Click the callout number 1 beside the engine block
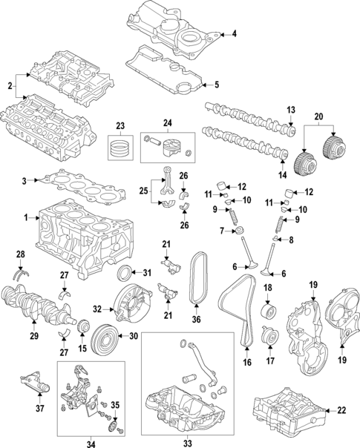(27, 217)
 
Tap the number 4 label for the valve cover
(235, 34)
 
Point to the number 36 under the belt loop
(197, 320)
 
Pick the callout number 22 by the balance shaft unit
(341, 410)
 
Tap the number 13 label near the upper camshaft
(291, 109)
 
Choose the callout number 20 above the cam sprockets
(319, 117)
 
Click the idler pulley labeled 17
(269, 340)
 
